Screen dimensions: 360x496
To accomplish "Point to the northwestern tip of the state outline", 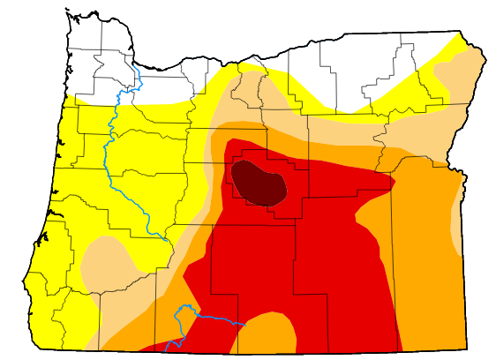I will point(67,11).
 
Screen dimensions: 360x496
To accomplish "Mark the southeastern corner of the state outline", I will point(467,350).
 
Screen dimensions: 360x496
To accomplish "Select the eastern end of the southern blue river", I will point(244,325).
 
